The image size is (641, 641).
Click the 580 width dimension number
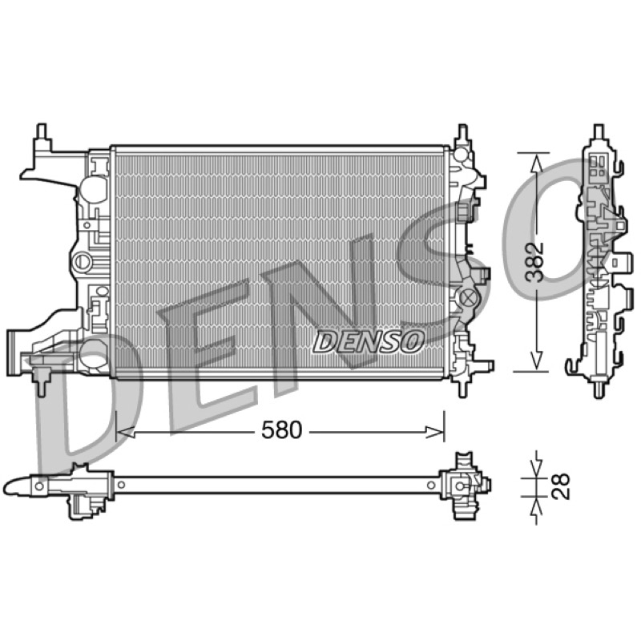281,430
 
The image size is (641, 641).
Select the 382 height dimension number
534,262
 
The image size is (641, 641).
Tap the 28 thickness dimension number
560,486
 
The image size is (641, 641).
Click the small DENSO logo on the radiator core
368,341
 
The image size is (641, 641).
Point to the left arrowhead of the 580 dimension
126,432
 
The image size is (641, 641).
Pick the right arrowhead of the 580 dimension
434,432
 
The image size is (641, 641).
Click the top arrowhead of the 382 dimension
536,163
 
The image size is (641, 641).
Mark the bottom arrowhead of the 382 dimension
536,361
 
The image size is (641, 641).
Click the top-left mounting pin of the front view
42,131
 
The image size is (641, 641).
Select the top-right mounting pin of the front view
462,132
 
